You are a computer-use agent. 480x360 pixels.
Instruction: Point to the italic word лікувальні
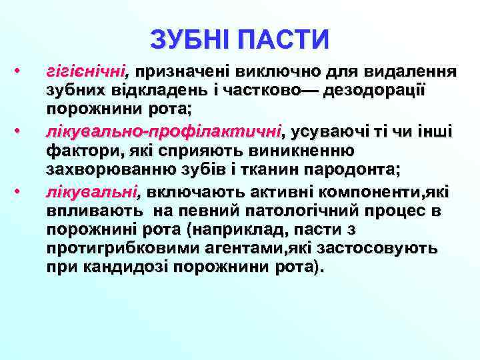click(91, 193)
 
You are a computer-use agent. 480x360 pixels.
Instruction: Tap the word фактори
click(81, 151)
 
